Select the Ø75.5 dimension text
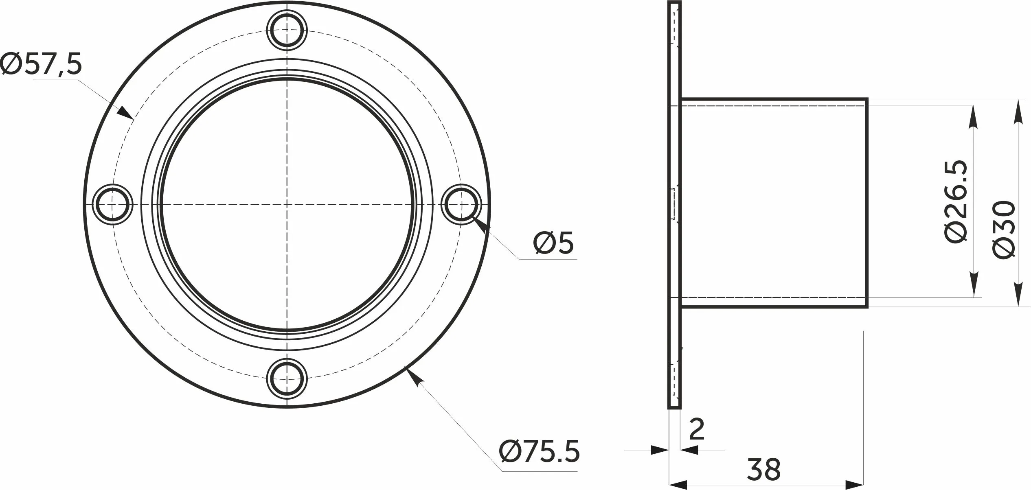[539, 451]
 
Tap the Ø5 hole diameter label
[553, 243]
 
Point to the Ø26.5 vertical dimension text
[954, 202]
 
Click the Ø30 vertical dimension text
[1004, 230]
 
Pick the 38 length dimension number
[764, 469]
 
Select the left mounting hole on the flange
[113, 204]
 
